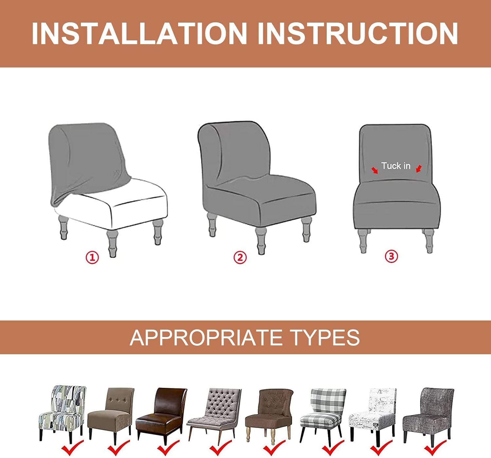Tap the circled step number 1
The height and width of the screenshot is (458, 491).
click(92, 257)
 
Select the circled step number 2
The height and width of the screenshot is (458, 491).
click(240, 257)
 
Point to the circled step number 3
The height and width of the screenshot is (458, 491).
click(391, 256)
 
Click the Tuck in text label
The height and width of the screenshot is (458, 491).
click(396, 166)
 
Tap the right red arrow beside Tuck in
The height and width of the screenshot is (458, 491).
click(419, 169)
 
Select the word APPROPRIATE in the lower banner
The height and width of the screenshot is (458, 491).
click(206, 338)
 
